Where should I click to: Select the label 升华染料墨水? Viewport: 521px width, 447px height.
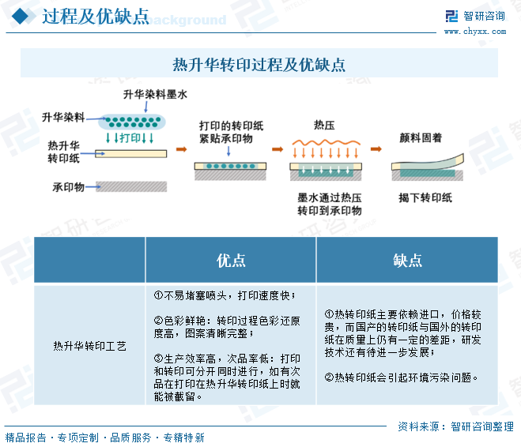tap(155, 95)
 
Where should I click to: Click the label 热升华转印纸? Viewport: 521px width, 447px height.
tap(63, 152)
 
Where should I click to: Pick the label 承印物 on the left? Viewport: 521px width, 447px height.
tap(68, 187)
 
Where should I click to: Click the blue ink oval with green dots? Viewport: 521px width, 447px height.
tap(131, 122)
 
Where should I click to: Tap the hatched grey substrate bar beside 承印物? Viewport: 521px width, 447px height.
tap(131, 186)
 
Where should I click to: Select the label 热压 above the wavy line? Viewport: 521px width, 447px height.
tap(324, 125)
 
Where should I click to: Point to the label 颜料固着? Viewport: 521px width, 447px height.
tap(421, 137)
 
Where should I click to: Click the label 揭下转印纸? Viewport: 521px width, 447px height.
tap(425, 197)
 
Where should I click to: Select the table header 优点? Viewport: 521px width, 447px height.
tap(231, 261)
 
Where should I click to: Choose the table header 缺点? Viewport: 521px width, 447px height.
tap(407, 261)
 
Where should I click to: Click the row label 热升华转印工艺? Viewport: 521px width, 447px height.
tap(89, 345)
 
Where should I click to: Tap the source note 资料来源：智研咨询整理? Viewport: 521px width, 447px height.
tap(456, 426)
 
